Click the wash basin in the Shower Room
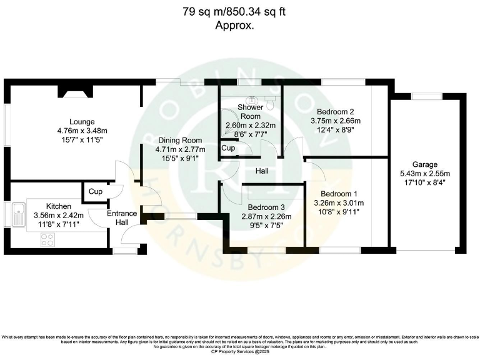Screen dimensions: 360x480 point(252,99)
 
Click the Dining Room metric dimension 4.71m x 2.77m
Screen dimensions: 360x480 point(180,149)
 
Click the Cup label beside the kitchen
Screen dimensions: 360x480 point(95,191)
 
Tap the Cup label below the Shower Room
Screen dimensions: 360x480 point(228,149)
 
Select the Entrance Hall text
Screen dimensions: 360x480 point(122,218)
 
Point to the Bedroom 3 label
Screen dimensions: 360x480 point(266,207)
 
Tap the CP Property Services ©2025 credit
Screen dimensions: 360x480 point(239,353)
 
